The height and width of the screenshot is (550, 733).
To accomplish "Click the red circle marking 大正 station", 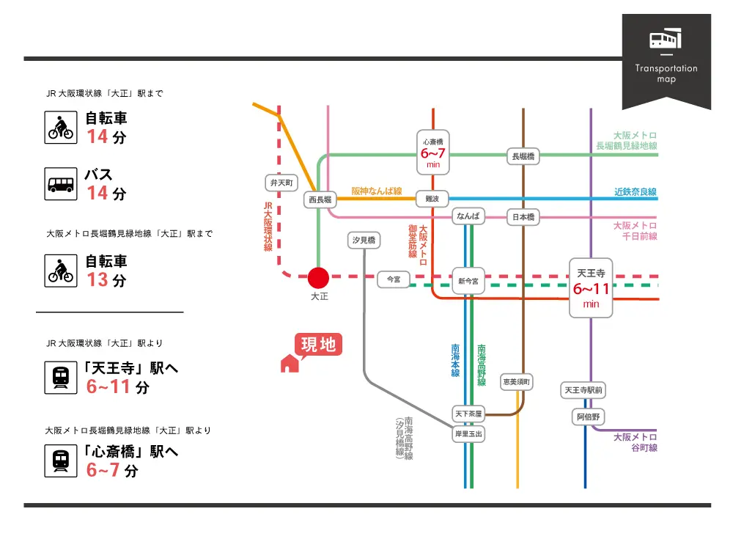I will click(x=318, y=278).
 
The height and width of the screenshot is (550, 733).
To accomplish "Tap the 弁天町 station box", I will click(x=281, y=183).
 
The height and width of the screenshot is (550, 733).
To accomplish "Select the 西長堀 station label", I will click(x=320, y=199).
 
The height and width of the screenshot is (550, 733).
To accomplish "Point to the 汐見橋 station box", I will click(x=364, y=241).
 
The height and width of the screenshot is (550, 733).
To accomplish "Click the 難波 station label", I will click(x=432, y=199).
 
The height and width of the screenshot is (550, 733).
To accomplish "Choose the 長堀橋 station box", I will click(x=523, y=155).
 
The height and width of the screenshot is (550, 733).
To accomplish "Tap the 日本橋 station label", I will click(x=523, y=217).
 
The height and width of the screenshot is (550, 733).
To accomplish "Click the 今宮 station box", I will click(x=394, y=279).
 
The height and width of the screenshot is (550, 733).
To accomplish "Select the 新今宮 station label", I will click(x=468, y=282).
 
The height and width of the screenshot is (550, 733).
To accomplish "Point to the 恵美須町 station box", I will click(x=517, y=382).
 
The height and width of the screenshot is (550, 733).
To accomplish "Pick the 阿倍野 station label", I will click(x=589, y=417).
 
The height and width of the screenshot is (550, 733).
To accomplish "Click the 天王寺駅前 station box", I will click(x=583, y=391).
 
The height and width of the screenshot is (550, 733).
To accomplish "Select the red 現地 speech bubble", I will click(x=319, y=344).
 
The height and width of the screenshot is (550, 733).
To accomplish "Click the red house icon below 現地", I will click(x=290, y=363).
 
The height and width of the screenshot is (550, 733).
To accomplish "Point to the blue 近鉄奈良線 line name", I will click(x=635, y=192).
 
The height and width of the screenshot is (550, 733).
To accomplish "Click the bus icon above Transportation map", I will click(x=666, y=40).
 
